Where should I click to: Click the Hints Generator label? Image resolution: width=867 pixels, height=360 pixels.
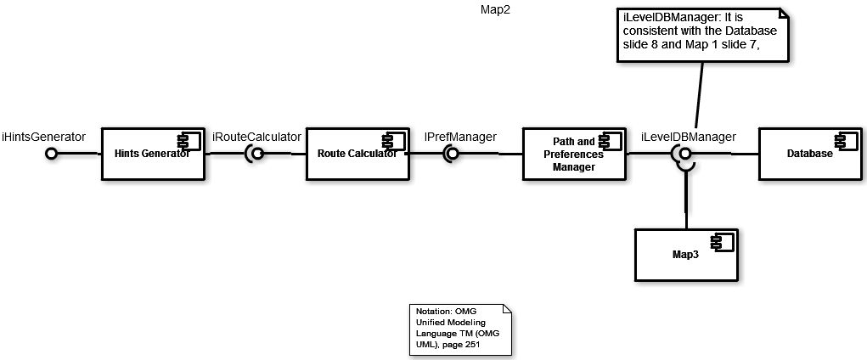coord(151,154)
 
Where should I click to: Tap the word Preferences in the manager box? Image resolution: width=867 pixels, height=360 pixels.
coord(573,155)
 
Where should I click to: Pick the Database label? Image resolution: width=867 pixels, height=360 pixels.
coord(809,154)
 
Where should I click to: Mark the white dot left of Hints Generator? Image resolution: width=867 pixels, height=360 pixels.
coord(51,154)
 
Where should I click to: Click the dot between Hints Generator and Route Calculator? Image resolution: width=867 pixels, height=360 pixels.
coord(257,154)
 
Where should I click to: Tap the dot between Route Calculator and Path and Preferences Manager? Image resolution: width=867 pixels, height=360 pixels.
coord(453,154)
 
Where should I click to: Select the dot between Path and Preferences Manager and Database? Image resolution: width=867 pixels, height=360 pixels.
coord(684,154)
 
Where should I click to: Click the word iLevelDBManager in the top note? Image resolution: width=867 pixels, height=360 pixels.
coord(669,18)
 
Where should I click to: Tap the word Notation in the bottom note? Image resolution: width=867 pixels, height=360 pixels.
coord(433,312)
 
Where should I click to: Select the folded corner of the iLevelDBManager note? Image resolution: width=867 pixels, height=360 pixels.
coord(782,14)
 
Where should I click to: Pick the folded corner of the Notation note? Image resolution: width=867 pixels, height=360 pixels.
coord(507,309)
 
